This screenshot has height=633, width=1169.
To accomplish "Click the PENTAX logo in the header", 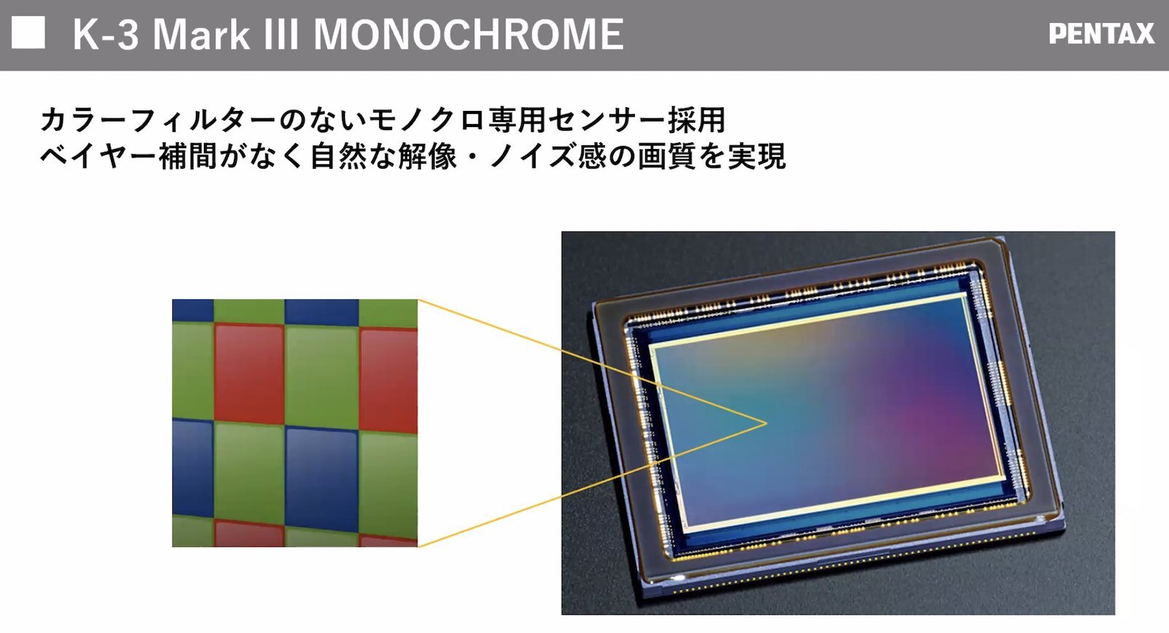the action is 1101,34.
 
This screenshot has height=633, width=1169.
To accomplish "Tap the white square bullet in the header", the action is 28,32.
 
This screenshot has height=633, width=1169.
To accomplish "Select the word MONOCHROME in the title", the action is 468,34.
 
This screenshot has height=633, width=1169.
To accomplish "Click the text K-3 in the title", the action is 106,34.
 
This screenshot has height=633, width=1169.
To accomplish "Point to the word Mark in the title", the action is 201,34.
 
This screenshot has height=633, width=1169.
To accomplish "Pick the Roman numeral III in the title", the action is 281,34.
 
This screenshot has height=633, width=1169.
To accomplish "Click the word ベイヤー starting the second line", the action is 98,156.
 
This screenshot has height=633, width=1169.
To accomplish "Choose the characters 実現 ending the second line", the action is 756,156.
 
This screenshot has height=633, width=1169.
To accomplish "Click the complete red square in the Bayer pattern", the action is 249,373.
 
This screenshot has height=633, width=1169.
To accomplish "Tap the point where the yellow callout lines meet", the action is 766,423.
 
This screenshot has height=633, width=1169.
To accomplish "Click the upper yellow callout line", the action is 592,361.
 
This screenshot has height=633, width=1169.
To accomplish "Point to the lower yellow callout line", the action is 592,485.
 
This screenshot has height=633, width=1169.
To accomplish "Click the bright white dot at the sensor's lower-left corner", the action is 679,578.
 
